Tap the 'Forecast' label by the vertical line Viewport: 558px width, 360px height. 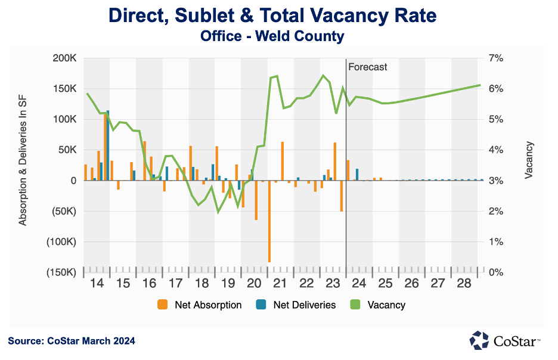tap(367, 67)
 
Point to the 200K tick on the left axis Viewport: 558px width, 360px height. tap(65, 58)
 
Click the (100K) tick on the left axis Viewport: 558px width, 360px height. tap(63, 242)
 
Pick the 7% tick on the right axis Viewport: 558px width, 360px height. tap(496, 58)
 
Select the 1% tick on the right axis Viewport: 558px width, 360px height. tap(496, 242)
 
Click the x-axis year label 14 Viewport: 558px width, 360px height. tap(96, 283)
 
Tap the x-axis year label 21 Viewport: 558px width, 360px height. tap(280, 283)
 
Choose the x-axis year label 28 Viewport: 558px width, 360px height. tap(464, 283)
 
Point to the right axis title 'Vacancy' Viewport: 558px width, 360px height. tap(529, 160)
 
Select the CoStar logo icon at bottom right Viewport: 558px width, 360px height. tap(479, 340)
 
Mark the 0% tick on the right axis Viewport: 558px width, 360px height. tap(496, 272)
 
